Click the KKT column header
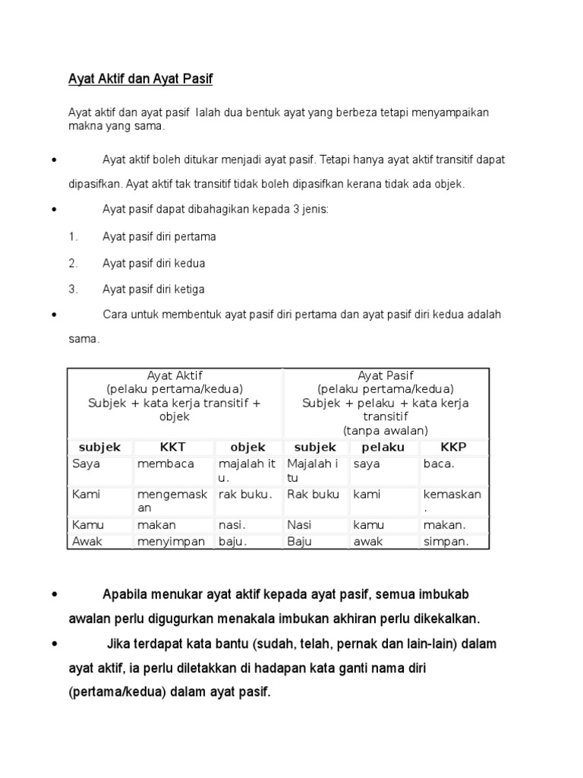pos(173,448)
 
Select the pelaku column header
pos(383,448)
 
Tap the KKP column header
pos(453,448)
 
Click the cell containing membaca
pos(165,463)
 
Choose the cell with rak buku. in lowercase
pos(244,495)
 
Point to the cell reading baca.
pos(439,463)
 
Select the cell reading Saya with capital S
pos(86,463)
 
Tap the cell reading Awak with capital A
pos(87,542)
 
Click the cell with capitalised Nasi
pos(299,525)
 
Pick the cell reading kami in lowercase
pos(367,495)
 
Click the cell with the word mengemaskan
pos(172,501)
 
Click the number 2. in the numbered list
pos(73,263)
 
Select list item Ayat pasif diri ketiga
pos(153,289)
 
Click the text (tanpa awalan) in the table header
pos(385,430)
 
